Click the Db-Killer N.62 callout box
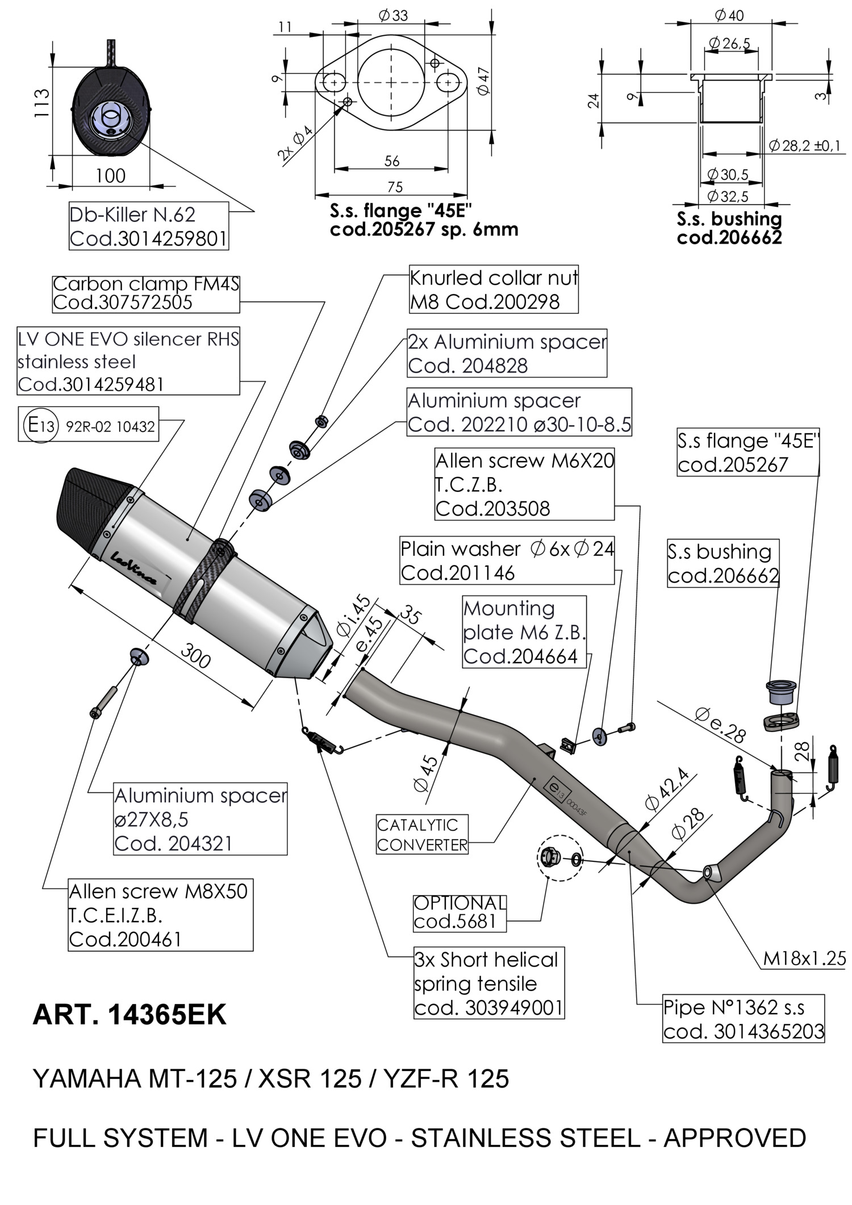[x=148, y=226]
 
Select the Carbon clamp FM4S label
[x=145, y=293]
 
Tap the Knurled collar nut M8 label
[x=493, y=290]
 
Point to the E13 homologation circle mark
[x=40, y=424]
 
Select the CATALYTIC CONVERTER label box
[x=422, y=834]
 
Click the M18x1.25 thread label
[x=804, y=959]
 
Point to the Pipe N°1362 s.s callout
[x=743, y=1018]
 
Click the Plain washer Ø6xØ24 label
[x=507, y=560]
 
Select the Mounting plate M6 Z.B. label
[x=524, y=631]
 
